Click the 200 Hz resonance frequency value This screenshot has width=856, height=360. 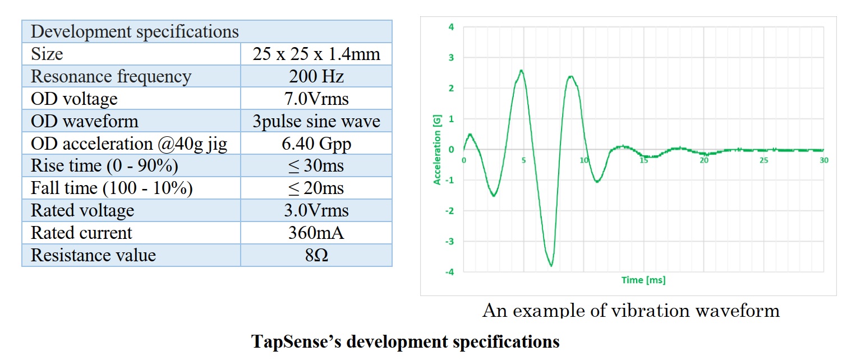point(316,76)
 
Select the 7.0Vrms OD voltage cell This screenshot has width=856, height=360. point(316,99)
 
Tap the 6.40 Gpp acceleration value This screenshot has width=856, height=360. point(316,144)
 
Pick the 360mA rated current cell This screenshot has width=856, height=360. point(316,233)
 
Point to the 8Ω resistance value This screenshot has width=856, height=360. point(316,255)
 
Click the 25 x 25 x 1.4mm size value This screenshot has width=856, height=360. point(316,54)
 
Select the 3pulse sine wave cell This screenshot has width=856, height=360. point(316,121)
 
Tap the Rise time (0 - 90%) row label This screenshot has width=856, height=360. point(104,166)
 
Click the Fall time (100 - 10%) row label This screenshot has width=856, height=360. point(112,188)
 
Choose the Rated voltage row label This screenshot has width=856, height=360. point(82,211)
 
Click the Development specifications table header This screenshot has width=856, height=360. point(135,32)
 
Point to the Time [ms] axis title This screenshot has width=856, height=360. point(643,280)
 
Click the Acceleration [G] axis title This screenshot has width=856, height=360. point(437,149)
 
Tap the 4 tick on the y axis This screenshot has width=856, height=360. point(452,27)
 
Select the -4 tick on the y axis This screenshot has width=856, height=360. point(450,272)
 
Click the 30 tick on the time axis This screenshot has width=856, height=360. point(824,160)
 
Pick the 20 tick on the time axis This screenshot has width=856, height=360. point(704,160)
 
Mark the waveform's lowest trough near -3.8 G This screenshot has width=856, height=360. point(551,265)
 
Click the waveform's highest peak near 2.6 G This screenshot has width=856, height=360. point(521,71)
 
